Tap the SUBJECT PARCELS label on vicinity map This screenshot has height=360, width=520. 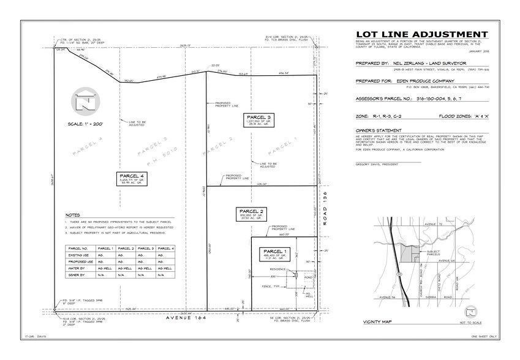[433, 252]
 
